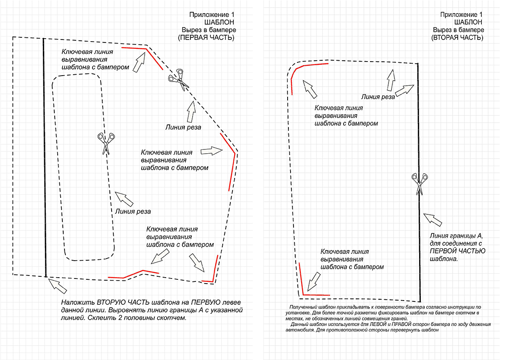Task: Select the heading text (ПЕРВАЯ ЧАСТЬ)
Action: [x=206, y=38]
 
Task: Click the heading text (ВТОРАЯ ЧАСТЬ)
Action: [x=457, y=38]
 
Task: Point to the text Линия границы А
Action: [x=456, y=236]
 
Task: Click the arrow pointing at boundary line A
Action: [x=434, y=219]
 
